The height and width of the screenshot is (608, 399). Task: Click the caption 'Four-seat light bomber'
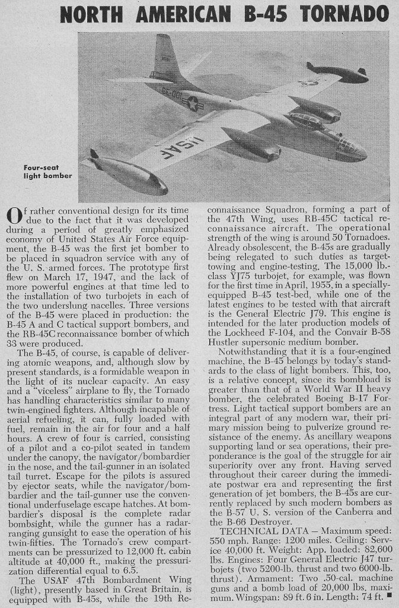[x=48, y=172]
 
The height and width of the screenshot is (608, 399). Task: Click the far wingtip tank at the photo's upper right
[x=337, y=72]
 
